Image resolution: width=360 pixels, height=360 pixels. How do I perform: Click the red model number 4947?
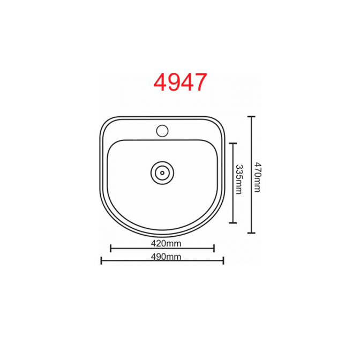coord(181,82)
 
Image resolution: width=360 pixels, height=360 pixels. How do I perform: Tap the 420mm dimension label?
coord(166,243)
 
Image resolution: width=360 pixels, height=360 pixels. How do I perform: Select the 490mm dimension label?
coord(166,257)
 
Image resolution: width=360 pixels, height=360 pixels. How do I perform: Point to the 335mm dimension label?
coord(239,179)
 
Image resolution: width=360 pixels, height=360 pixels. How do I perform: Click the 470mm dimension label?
coord(258,177)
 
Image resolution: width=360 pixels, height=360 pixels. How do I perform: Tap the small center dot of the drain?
coord(162,173)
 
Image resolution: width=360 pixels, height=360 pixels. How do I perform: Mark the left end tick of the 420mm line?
coord(111,248)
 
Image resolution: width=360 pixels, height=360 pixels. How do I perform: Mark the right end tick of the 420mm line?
coord(214,248)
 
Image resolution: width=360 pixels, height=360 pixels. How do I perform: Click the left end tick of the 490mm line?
coord(101,260)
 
